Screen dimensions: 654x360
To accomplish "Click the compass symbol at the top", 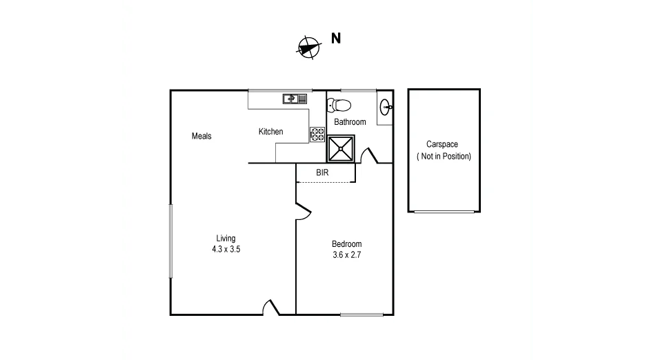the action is coord(308,46).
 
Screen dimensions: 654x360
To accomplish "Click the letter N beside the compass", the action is coord(336,39).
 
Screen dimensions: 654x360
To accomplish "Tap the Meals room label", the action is coord(201,136).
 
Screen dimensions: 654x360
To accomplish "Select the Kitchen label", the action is coord(270,132).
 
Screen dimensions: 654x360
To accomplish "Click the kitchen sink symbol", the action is coord(294,99).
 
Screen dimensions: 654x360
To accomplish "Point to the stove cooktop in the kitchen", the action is coord(317,134).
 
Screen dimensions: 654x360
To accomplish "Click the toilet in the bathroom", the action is coord(340,106).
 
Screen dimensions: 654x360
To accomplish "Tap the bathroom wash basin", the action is coord(386,106).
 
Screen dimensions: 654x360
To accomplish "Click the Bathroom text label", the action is coord(350,122).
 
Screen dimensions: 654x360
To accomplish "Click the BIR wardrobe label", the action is coord(322,172).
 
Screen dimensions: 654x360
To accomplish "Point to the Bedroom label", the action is coord(346,244).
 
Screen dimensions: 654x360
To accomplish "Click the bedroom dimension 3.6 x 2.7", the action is coord(346,254).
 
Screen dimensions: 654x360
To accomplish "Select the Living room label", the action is coord(226,239).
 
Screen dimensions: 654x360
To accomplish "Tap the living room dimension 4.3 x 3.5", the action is coord(226,250).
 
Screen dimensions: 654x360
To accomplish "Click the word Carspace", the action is coord(442,145).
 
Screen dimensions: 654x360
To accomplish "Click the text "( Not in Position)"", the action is coord(444,157).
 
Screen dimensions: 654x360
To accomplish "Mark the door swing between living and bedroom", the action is coord(302,210).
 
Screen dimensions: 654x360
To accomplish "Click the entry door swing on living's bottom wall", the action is coord(270,308).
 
